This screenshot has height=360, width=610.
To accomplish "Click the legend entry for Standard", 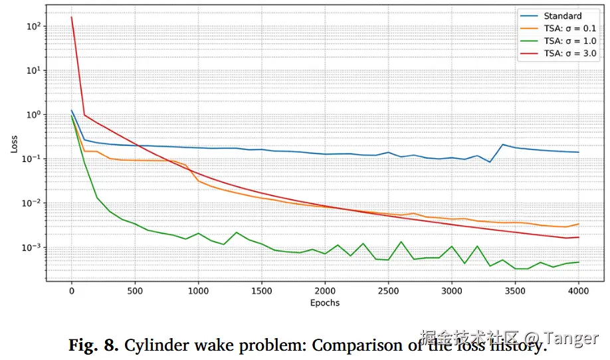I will pos(562,16).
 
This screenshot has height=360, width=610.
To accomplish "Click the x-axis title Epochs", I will pos(325,303).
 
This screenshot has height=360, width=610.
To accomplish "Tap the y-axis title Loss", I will pos(15,143).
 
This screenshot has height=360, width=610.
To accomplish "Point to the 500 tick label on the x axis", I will pos(135,291).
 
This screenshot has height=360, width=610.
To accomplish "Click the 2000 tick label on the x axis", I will pos(325,291).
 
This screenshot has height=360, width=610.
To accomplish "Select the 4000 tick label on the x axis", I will pos(578,291).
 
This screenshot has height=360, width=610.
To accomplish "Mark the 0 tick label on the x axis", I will pos(72,291).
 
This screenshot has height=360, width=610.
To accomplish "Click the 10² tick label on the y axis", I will pos(33,26).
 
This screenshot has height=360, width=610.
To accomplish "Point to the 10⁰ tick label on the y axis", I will pos(33,114).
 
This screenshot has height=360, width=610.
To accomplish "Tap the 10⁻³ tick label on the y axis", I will pos(31,248).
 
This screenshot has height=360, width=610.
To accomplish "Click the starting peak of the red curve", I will pos(72,17).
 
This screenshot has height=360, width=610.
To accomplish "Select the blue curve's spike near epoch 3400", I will pos(503,145).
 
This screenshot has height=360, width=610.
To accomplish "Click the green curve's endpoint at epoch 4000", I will pos(578,262).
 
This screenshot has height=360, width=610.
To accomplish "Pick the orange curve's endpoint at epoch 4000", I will pos(578,224).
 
